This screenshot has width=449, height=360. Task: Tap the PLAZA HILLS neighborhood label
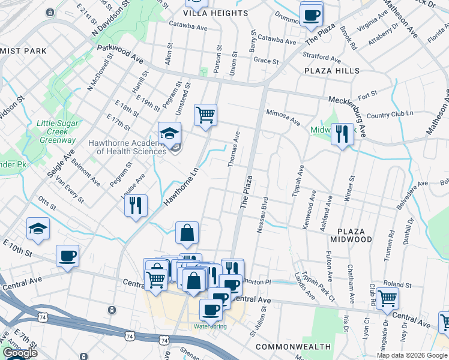331,71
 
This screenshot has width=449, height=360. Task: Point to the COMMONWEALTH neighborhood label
293,347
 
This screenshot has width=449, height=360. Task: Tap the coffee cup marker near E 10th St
67,256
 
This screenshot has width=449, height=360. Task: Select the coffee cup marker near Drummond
311,14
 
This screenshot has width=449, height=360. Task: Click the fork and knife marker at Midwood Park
342,133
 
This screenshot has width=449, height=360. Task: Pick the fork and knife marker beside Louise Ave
136,205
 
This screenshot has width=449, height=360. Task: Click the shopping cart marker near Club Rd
387,296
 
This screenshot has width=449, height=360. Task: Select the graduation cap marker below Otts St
38,229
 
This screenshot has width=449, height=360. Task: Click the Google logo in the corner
19,353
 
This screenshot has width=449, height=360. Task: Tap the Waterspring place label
209,326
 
